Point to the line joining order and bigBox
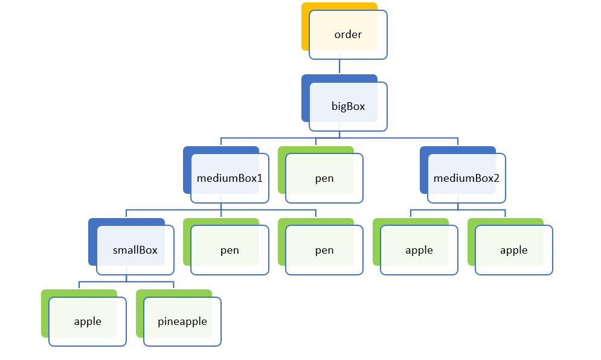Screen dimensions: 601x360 [x=339, y=66]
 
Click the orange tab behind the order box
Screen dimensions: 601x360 [x=306, y=27]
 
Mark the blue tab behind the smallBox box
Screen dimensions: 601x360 [x=92, y=242]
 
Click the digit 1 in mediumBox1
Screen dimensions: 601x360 [x=260, y=178]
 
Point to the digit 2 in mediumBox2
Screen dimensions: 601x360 [x=497, y=178]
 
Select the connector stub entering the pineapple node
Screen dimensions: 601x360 [x=173, y=285]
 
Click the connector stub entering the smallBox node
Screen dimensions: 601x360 [x=126, y=214]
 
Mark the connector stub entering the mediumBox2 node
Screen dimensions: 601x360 [x=458, y=142]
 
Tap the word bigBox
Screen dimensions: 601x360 [x=348, y=106]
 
